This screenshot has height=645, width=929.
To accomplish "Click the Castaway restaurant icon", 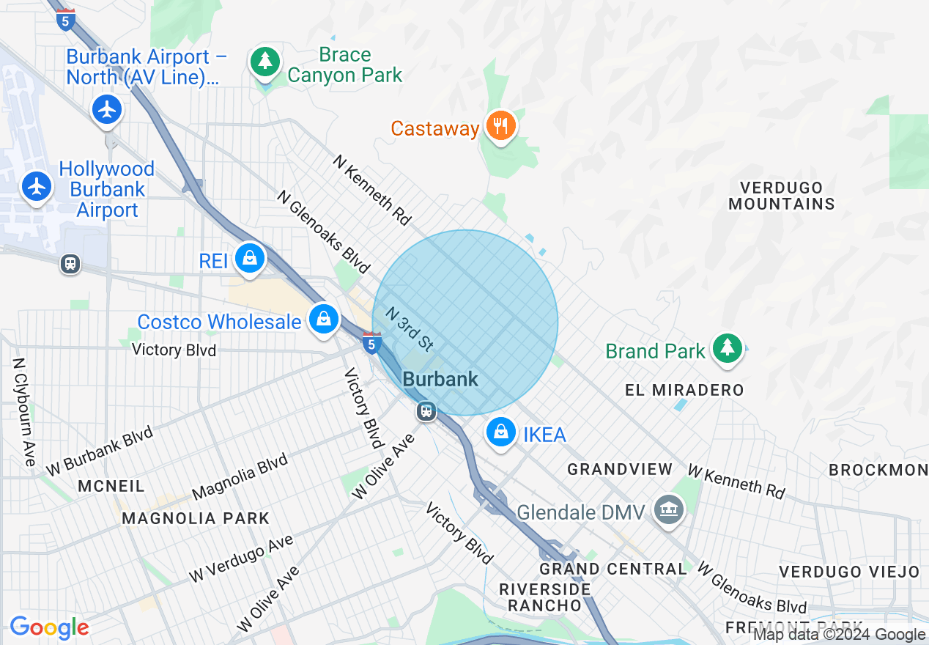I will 501,126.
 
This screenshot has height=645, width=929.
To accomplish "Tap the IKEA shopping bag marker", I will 501,432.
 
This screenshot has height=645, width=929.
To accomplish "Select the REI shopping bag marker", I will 251,259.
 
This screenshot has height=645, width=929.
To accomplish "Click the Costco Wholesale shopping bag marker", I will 323,319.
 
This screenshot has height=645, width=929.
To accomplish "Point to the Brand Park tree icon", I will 727,348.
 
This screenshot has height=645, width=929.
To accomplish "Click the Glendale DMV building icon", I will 668,509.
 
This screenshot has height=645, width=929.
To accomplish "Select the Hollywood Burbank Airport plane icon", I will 36,186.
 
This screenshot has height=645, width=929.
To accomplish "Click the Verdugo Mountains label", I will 781,196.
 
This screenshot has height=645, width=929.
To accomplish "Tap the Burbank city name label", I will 440,379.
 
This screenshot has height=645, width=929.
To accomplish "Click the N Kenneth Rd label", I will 372,189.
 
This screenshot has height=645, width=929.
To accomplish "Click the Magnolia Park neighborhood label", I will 196,518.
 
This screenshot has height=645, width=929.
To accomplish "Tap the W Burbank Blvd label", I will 100,449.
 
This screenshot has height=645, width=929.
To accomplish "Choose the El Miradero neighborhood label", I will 684,390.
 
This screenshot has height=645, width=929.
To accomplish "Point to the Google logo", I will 49,627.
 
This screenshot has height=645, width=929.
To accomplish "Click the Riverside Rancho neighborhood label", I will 544,597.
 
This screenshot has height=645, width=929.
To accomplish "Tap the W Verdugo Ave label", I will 241,559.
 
